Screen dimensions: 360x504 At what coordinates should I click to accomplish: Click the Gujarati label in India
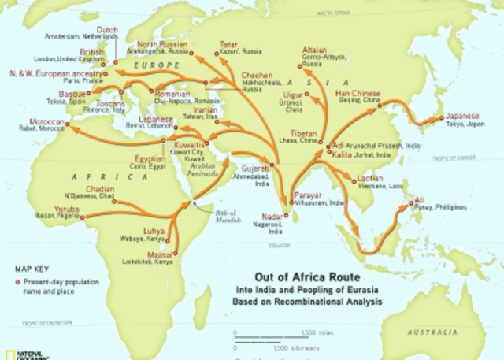pyautogui.click(x=255, y=169)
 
